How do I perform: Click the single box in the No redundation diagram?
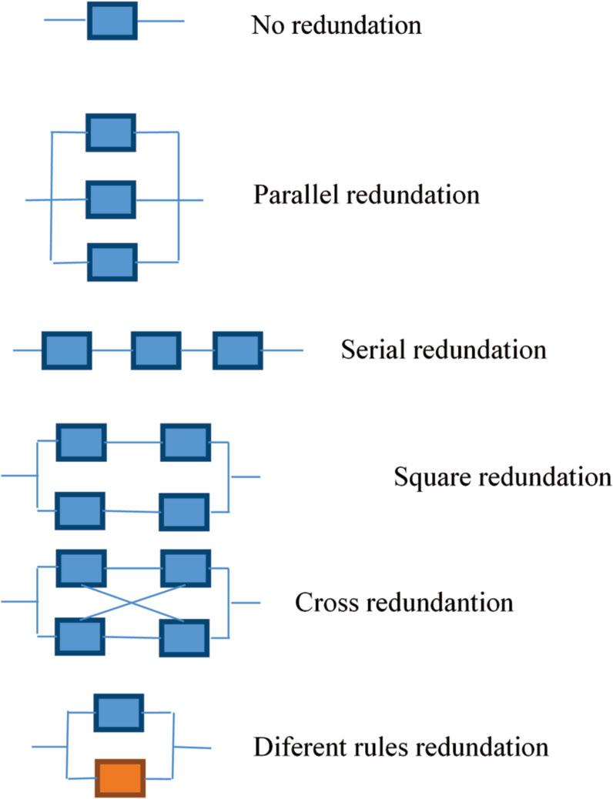pos(112,21)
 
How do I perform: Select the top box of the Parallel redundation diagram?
pos(111,132)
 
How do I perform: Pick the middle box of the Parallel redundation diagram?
pos(111,199)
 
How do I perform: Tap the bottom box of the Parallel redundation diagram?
pos(112,262)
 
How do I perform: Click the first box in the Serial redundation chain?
pos(66,350)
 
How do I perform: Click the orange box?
pos(120,777)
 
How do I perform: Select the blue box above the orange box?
pos(118,712)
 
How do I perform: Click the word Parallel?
pos(296,194)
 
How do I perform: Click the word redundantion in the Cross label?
pos(439,602)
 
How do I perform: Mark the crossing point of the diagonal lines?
pos(132,602)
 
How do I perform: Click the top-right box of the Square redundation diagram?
pos(186,442)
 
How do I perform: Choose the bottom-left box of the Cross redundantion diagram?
pos(80,637)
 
